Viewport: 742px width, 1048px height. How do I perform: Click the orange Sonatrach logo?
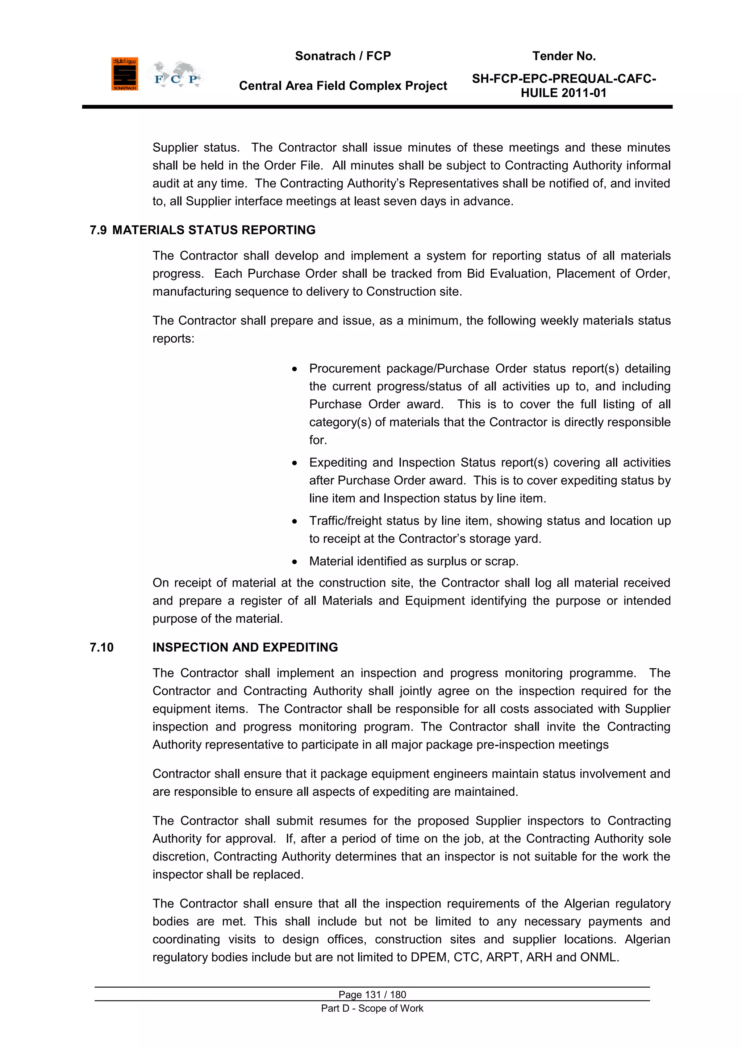(x=124, y=74)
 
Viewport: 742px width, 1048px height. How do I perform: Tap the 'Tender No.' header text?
(x=564, y=56)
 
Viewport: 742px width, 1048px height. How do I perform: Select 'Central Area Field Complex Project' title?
(x=343, y=86)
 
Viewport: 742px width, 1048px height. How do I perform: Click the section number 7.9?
(x=98, y=230)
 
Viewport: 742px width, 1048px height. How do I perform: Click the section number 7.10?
(x=101, y=647)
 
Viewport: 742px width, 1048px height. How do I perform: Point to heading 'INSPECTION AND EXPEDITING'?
(x=245, y=647)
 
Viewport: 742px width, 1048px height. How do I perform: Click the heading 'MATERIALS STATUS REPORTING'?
(x=214, y=230)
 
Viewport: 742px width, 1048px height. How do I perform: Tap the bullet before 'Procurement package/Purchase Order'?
(x=295, y=369)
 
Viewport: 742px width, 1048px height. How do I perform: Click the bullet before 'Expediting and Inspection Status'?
(x=295, y=463)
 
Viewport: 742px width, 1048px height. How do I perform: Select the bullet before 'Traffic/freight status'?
(x=295, y=521)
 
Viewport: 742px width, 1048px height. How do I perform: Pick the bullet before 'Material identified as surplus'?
(x=295, y=562)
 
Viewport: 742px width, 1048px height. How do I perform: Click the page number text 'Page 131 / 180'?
(x=372, y=994)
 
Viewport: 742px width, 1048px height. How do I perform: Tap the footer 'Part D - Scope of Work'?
(x=372, y=1008)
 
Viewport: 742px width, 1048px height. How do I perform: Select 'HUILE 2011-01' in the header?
(x=563, y=93)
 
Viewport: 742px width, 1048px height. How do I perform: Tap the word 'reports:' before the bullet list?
(x=173, y=339)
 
